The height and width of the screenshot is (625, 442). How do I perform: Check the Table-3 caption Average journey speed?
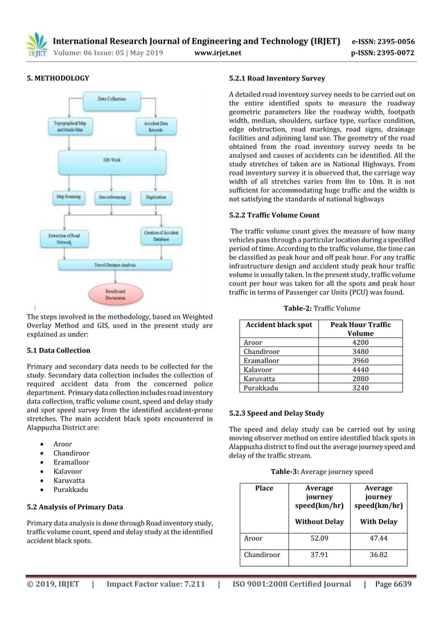(x=321, y=472)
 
